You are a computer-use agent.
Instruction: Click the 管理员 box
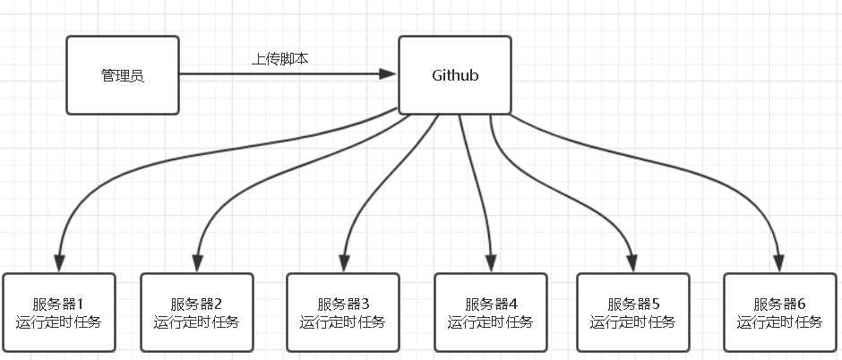coord(122,75)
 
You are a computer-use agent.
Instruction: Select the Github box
coord(454,75)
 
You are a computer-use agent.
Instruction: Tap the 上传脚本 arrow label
coord(280,59)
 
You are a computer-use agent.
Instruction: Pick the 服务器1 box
coord(59,313)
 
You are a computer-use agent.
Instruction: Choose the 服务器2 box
coord(195,313)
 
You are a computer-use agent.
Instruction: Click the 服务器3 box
coord(342,313)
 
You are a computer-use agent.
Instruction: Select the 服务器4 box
coord(490,313)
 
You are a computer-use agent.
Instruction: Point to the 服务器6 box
coord(779,313)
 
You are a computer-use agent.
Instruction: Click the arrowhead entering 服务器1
coord(60,263)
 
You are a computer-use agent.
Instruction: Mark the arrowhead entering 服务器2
coord(196,263)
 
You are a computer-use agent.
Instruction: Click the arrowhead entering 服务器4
coord(491,263)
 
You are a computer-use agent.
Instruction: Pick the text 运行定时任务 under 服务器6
coord(779,322)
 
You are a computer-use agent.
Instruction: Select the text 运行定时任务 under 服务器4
coord(490,322)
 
